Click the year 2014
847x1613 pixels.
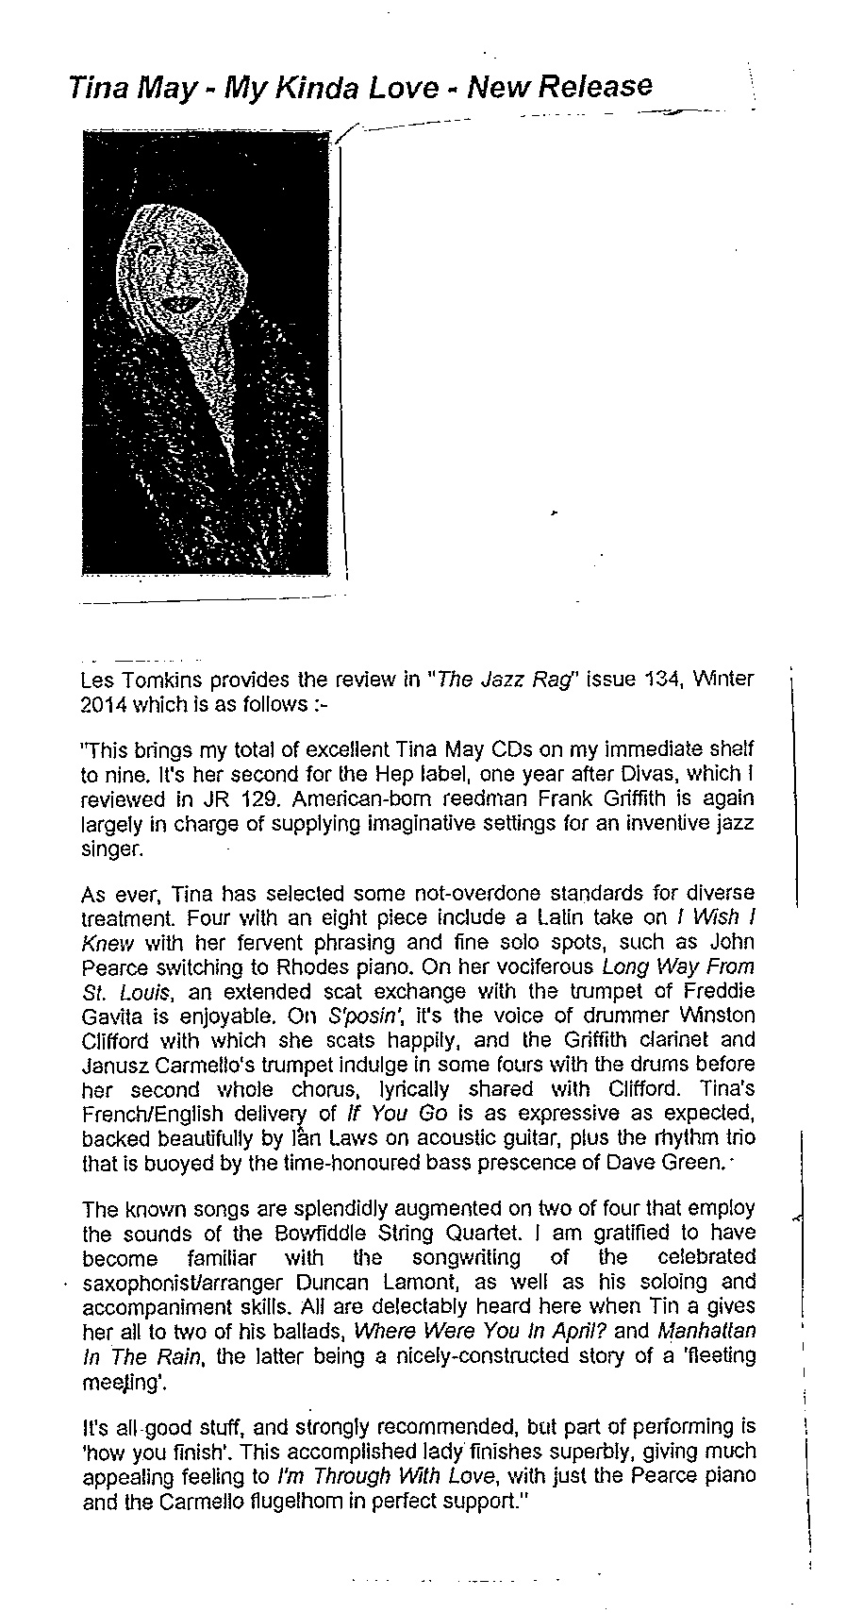click(x=104, y=705)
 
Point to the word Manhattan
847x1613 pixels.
click(x=706, y=1331)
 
